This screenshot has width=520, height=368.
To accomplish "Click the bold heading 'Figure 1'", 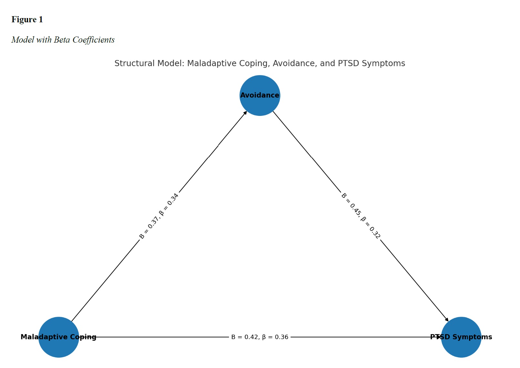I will point(27,20).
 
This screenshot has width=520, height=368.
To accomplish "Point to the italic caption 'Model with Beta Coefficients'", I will point(63,40).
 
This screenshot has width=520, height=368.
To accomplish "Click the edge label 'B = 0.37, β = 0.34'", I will point(159,216).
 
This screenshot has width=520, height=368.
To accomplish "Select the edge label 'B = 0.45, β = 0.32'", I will point(361,216).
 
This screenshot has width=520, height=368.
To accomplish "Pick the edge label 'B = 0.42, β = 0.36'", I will point(260,337).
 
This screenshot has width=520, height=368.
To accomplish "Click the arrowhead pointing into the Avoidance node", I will point(245,113).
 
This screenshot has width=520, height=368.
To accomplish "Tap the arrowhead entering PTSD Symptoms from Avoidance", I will point(447,320).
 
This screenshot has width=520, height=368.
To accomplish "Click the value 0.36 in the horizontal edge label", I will point(281,337).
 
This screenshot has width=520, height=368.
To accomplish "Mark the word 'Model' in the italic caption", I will point(23,40).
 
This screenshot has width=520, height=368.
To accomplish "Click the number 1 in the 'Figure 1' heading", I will point(41,20).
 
